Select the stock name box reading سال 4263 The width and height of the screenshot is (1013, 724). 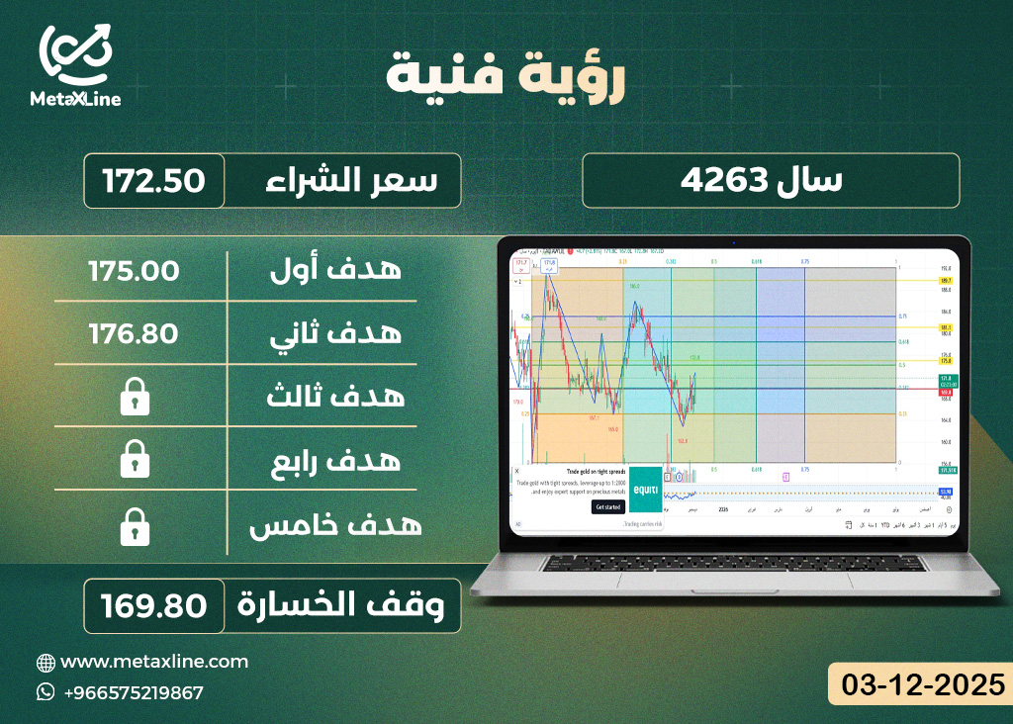coord(771,181)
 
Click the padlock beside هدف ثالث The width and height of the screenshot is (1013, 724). coord(135,398)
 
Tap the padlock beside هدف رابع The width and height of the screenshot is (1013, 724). coord(135,460)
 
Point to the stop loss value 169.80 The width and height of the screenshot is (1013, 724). coord(153,604)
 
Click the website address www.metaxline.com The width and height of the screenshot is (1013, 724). coord(154,662)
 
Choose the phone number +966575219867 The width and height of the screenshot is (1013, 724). coord(133,692)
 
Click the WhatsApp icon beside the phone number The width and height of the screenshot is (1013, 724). coord(46,692)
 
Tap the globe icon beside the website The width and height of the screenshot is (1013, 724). coord(46,662)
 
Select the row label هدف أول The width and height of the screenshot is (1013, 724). coord(335,270)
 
